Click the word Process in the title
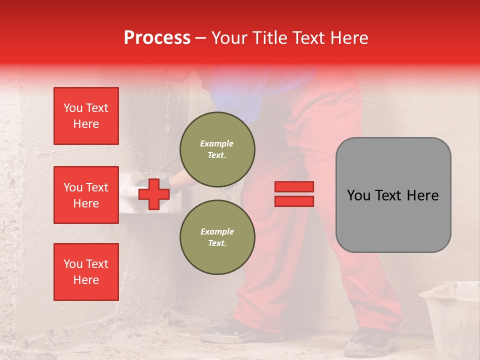click(x=157, y=38)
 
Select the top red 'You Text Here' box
click(x=86, y=116)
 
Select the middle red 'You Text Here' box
click(x=86, y=195)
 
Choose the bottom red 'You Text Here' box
click(x=86, y=272)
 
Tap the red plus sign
click(x=154, y=194)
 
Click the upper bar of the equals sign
click(x=294, y=186)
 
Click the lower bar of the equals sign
click(x=294, y=201)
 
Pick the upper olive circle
click(x=217, y=149)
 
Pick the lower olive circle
click(x=217, y=237)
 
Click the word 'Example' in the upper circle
click(x=217, y=143)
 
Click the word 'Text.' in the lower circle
click(x=217, y=243)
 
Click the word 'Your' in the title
click(x=228, y=38)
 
